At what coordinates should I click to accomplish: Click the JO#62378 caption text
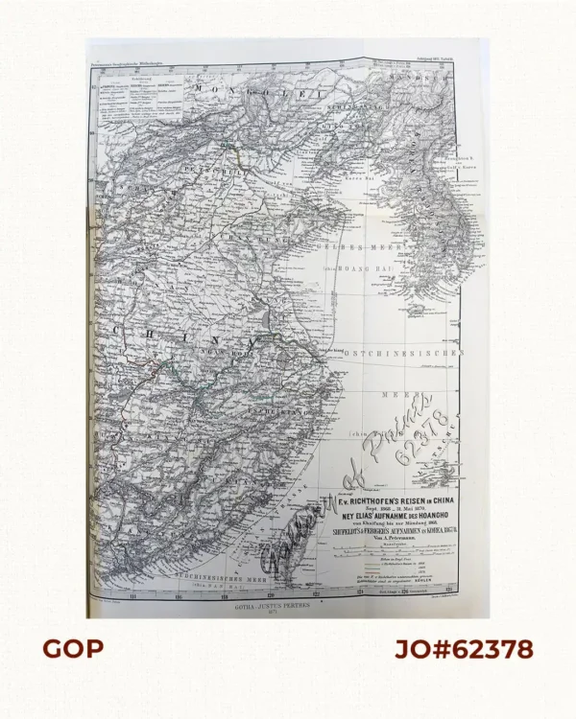(462, 649)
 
